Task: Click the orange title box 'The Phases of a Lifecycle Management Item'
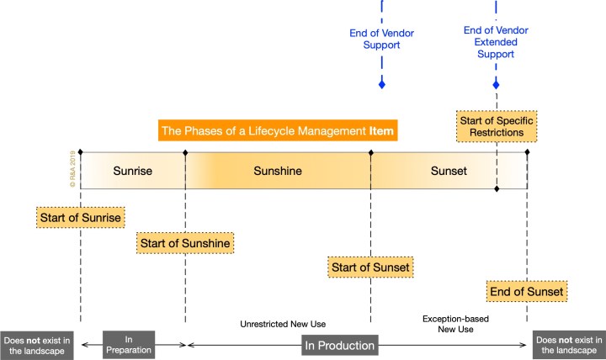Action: (278, 131)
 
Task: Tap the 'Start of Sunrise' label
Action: (81, 217)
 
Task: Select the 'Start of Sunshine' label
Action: (184, 243)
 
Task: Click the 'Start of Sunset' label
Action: (370, 267)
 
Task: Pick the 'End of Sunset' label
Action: (527, 292)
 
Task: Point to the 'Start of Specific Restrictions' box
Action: (496, 126)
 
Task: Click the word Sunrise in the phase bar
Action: (133, 172)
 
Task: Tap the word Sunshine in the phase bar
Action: (278, 172)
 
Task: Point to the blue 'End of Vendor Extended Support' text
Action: (496, 41)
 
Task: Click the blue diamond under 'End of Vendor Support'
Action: (381, 84)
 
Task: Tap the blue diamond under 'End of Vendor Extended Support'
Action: (496, 84)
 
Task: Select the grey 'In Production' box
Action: (340, 345)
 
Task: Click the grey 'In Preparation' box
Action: (129, 345)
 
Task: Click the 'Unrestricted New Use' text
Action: (282, 324)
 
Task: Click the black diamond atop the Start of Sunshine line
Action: (184, 153)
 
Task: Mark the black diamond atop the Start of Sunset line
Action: (370, 153)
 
